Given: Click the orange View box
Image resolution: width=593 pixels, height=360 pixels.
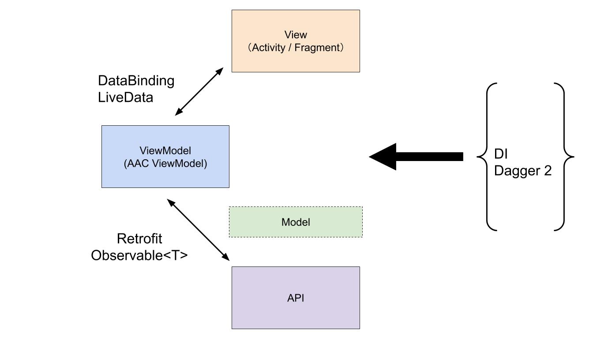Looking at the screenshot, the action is tap(296, 41).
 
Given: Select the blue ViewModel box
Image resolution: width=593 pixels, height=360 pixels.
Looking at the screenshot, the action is tap(165, 157).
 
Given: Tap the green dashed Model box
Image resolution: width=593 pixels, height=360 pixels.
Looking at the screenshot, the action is tap(296, 222).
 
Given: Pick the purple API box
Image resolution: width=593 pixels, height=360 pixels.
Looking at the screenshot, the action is tap(296, 298).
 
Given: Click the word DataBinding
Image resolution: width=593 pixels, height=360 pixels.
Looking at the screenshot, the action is tap(136, 81).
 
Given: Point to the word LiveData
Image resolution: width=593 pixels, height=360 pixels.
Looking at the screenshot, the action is tap(125, 97).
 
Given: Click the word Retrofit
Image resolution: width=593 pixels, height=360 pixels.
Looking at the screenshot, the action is tap(139, 239).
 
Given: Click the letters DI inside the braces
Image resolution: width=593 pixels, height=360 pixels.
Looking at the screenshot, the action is tap(501, 154).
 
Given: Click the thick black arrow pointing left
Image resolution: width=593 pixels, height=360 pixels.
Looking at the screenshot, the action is tap(416, 157).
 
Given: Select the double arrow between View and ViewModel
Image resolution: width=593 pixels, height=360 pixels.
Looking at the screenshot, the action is tap(199, 92).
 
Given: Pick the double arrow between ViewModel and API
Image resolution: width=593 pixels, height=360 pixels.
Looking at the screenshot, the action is tap(198, 230).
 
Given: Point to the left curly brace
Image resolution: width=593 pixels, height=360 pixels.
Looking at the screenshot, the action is tap(487, 157).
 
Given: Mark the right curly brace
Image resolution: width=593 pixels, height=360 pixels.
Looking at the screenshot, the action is tap(564, 157).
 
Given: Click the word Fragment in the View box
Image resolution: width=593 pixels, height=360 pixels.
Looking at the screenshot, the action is tap(317, 48).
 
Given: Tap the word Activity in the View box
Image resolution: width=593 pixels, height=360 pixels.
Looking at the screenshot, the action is tap(268, 48).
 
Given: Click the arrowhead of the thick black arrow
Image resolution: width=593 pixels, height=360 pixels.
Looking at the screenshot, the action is tap(383, 157).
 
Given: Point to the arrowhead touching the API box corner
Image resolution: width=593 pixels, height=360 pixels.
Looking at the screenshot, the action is tap(225, 257).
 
